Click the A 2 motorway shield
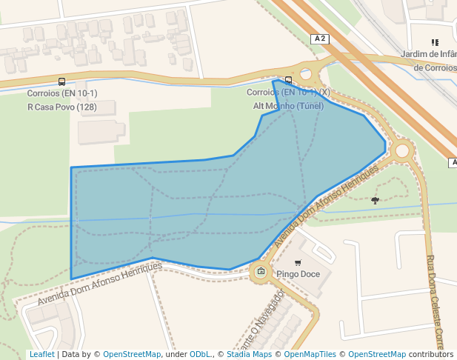pyautogui.click(x=321, y=39)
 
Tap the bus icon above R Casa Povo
pyautogui.click(x=61, y=82)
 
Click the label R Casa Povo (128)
pyautogui.click(x=62, y=107)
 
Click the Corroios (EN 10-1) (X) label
pyautogui.click(x=288, y=93)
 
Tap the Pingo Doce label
pyautogui.click(x=298, y=273)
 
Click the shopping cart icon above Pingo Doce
pyautogui.click(x=298, y=262)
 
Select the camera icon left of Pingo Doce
pyautogui.click(x=261, y=272)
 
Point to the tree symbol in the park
pyautogui.click(x=375, y=200)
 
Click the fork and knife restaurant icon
pyautogui.click(x=435, y=43)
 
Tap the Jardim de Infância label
pyautogui.click(x=428, y=54)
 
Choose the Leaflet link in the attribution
pyautogui.click(x=41, y=355)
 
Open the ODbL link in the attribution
pyautogui.click(x=200, y=355)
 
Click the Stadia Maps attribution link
pyautogui.click(x=249, y=355)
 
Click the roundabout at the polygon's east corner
pyautogui.click(x=402, y=151)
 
